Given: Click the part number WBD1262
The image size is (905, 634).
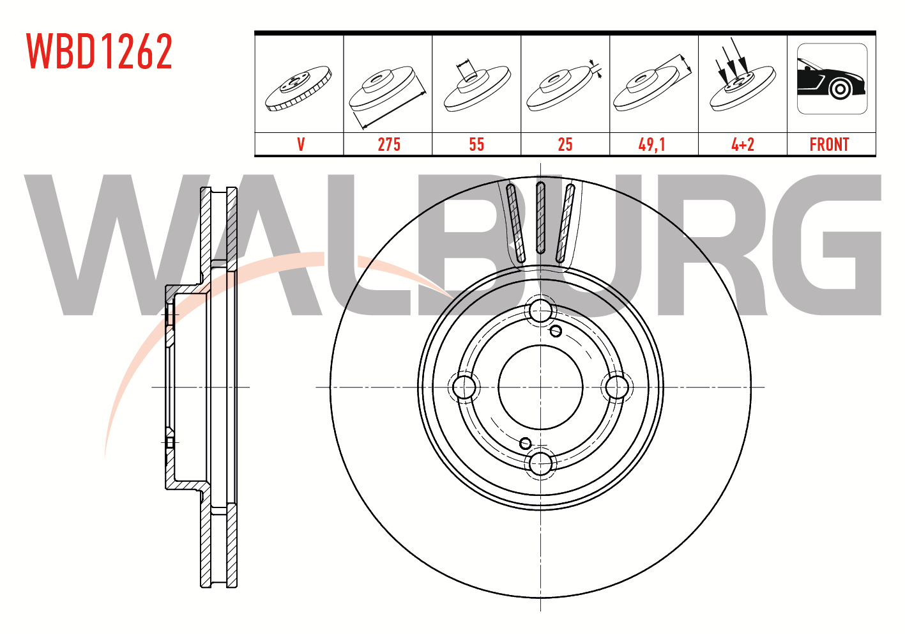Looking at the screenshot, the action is [100, 51].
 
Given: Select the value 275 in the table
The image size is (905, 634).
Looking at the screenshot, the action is [389, 144].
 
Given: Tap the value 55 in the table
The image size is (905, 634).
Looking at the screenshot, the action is [476, 144].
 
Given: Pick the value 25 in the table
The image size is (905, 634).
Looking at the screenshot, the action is [565, 144].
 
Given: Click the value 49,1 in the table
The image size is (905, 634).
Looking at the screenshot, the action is [651, 144].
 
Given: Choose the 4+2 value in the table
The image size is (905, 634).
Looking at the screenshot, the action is [743, 144].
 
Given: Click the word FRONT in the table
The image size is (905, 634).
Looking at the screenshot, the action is [829, 144].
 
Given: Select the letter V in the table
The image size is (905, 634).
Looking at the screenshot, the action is [301, 144].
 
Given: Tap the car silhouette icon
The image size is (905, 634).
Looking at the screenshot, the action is [832, 79].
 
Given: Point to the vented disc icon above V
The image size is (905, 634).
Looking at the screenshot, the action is [298, 88].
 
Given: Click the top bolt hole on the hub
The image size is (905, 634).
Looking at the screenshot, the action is [540, 311].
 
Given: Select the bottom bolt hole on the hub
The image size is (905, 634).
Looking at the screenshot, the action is [540, 463].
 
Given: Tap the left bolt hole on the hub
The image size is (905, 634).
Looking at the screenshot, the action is [464, 387].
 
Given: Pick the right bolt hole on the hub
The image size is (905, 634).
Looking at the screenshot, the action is [617, 387].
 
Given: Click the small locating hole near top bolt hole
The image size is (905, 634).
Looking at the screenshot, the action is [556, 331].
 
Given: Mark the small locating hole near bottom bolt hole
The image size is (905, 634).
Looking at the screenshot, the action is [525, 444].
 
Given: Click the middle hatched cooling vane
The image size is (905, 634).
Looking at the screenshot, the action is [540, 217].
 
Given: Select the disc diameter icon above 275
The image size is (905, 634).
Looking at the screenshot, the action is [388, 97].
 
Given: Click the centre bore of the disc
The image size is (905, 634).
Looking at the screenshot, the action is [540, 387].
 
